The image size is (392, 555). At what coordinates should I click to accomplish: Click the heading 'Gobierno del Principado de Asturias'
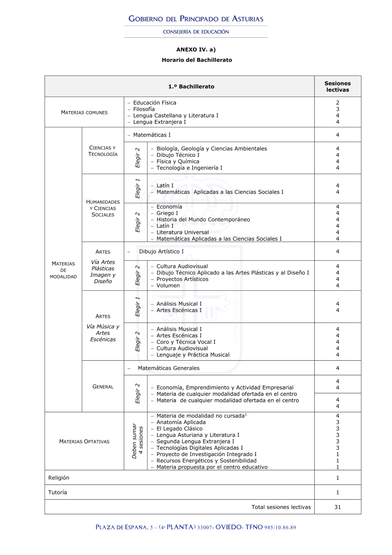(196, 19)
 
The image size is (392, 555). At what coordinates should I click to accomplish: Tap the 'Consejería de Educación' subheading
(196, 32)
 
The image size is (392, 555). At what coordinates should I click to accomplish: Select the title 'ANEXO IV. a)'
(196, 49)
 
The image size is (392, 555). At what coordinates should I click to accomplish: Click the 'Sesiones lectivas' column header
(338, 86)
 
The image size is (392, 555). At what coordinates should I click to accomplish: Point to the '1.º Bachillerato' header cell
(191, 86)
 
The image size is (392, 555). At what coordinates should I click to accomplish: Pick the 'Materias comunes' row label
(84, 112)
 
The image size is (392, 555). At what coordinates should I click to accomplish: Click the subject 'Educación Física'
(154, 103)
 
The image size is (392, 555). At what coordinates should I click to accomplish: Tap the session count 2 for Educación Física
(338, 103)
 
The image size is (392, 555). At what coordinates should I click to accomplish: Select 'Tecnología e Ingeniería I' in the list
(189, 168)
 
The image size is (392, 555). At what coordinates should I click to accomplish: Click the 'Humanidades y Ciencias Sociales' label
(103, 208)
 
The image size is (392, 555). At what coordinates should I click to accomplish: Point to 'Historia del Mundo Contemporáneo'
(203, 219)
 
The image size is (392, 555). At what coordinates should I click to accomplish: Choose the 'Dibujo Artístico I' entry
(161, 251)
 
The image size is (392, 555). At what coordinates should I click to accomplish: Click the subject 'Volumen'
(168, 285)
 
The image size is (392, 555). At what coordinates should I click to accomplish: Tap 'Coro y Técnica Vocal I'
(186, 342)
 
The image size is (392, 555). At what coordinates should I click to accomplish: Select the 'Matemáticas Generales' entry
(169, 368)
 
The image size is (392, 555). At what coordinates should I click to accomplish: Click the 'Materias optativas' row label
(84, 441)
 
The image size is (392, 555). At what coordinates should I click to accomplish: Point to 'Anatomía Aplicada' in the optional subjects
(181, 422)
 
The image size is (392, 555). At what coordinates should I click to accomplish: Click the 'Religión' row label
(59, 478)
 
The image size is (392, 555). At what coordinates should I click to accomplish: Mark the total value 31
(338, 507)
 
